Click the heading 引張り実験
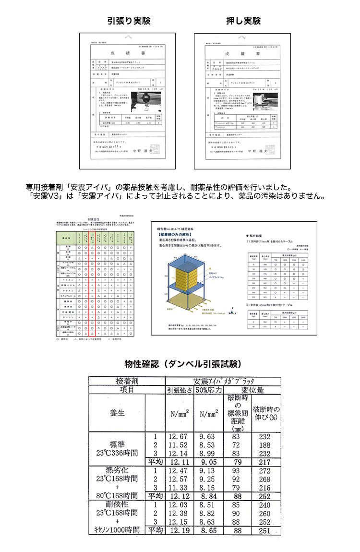(128, 21)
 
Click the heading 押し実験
(243, 21)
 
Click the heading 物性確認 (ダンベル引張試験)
(182, 364)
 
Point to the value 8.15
(208, 487)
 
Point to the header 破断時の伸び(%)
(267, 412)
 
